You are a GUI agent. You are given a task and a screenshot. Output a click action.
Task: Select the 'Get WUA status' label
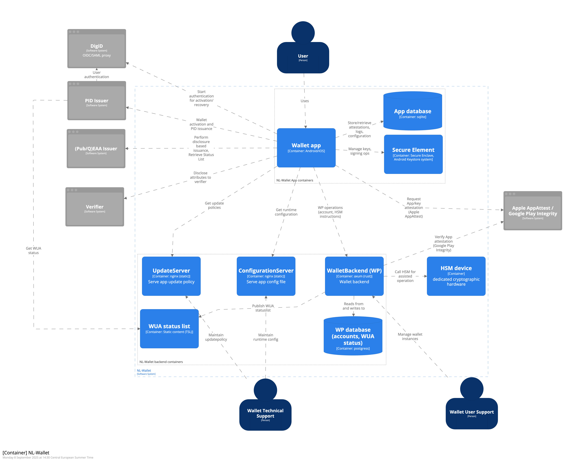(33, 251)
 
